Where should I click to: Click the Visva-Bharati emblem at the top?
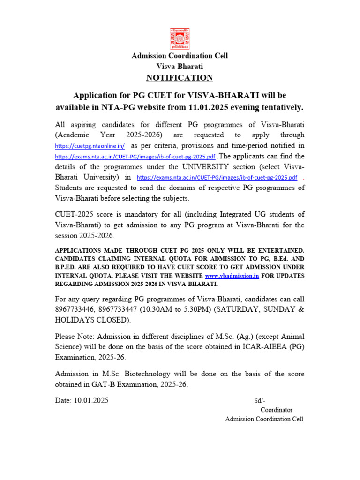click(x=180, y=39)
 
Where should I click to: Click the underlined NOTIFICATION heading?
click(x=180, y=78)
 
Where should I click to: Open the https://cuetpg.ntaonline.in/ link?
click(x=90, y=147)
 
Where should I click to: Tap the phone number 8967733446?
click(x=76, y=309)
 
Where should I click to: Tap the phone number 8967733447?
click(x=121, y=309)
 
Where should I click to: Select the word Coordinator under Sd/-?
click(x=277, y=410)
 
